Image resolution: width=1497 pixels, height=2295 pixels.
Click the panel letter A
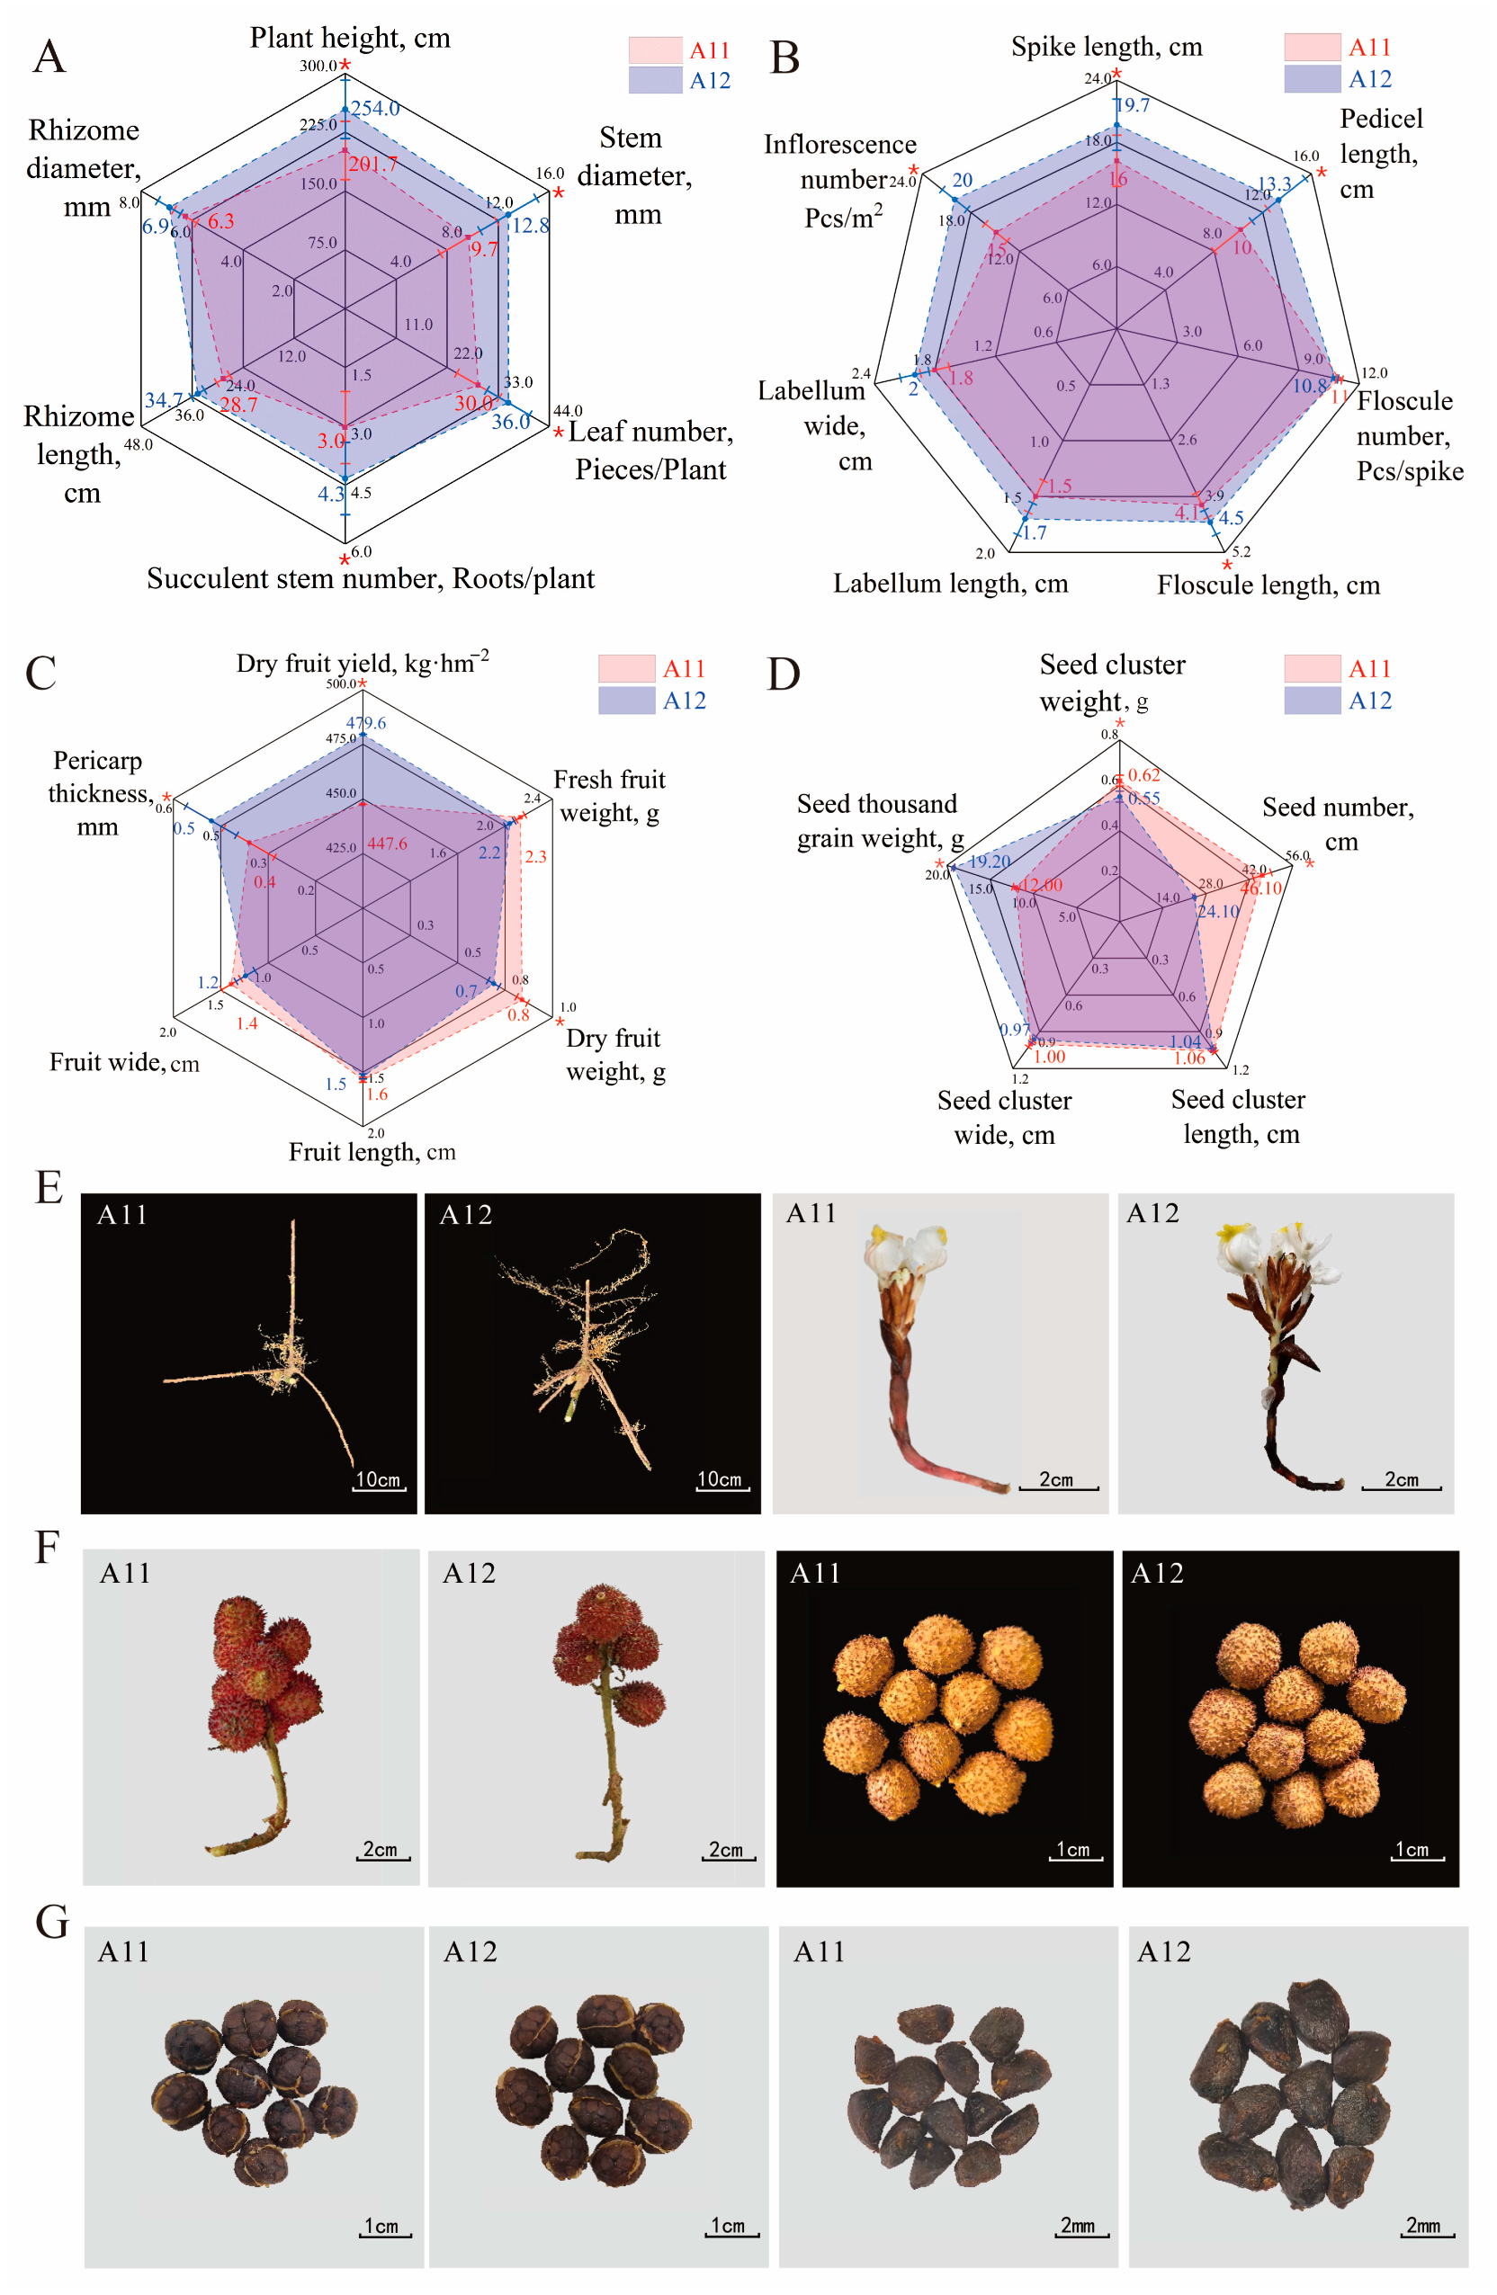[49, 58]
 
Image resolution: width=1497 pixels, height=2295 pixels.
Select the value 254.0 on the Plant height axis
[375, 108]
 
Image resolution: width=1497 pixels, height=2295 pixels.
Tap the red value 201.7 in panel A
[372, 164]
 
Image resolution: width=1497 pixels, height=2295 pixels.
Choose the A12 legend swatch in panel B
[1312, 79]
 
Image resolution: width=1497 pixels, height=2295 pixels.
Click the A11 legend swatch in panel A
[655, 50]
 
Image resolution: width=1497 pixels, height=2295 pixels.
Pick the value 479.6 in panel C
[366, 723]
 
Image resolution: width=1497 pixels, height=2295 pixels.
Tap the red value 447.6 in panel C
[387, 844]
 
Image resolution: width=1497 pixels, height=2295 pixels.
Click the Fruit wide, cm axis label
[124, 1063]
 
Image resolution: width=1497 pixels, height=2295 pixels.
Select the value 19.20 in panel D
[990, 862]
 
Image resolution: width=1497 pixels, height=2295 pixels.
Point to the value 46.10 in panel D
[1260, 889]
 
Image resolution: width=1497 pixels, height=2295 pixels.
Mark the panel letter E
[49, 1187]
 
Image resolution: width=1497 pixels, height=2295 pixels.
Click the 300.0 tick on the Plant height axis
[318, 66]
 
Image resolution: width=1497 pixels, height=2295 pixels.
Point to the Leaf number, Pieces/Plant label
[651, 451]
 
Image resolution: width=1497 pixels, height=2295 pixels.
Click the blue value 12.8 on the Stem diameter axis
[531, 226]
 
